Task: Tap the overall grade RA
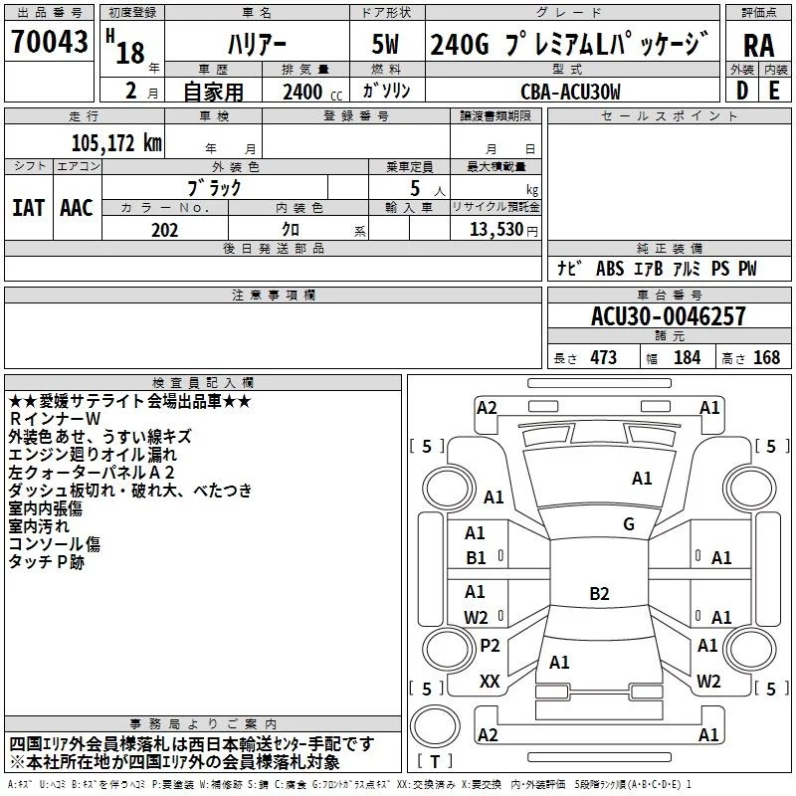(758, 46)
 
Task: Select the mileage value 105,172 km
(116, 143)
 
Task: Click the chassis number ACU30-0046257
(668, 317)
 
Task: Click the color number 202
(164, 230)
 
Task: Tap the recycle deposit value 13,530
(496, 230)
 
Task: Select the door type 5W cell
(386, 45)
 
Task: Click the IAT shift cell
(28, 207)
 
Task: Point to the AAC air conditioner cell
(77, 207)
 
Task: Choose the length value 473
(603, 358)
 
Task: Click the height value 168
(766, 358)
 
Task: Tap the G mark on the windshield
(628, 524)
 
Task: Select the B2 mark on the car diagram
(599, 594)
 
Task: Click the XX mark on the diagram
(490, 682)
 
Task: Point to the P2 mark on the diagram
(490, 646)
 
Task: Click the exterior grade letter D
(741, 91)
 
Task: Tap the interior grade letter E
(774, 91)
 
